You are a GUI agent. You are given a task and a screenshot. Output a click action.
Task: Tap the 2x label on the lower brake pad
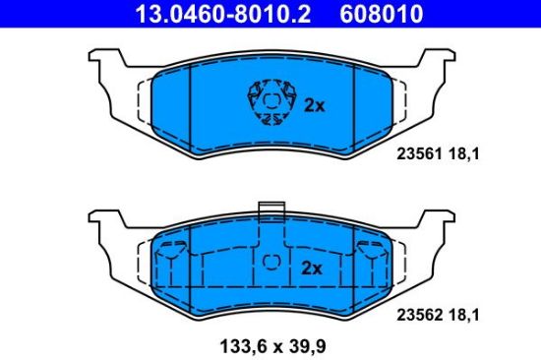pyautogui.click(x=311, y=268)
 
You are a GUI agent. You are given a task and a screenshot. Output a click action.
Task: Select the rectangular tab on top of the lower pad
pyautogui.click(x=270, y=210)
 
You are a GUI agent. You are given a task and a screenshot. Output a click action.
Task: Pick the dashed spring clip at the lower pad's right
pyautogui.click(x=370, y=258)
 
